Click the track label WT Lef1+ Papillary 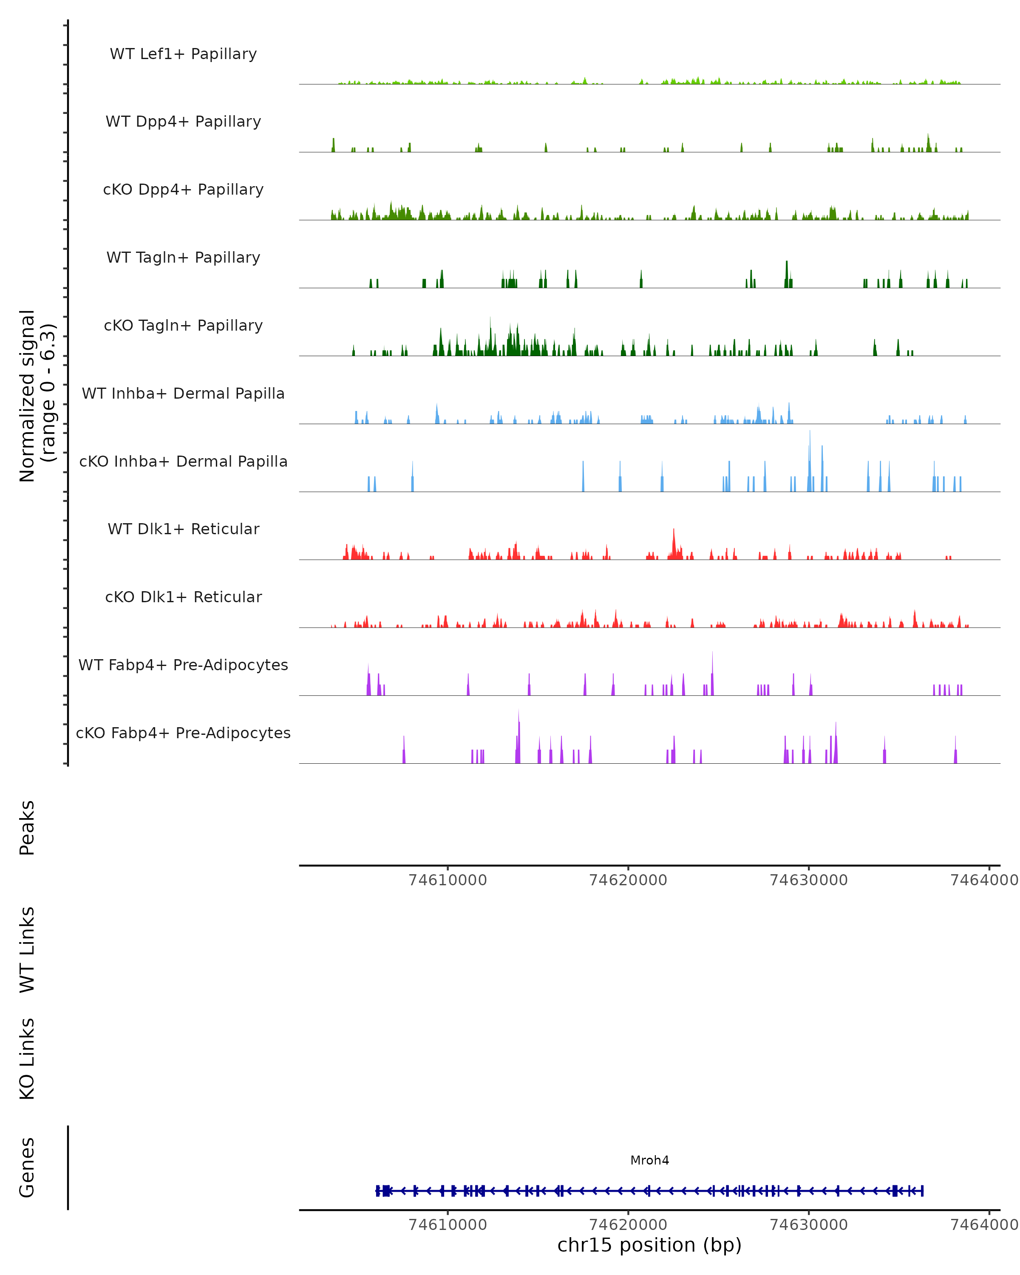click(183, 54)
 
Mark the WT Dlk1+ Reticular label click(183, 529)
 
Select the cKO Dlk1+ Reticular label click(183, 597)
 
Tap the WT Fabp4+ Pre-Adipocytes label click(183, 665)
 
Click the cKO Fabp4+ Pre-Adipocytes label click(183, 733)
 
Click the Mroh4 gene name click(649, 1160)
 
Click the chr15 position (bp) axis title click(649, 1245)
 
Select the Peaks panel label click(27, 827)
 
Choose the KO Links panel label click(27, 1059)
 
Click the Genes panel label click(27, 1167)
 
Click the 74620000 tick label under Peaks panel click(628, 880)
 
